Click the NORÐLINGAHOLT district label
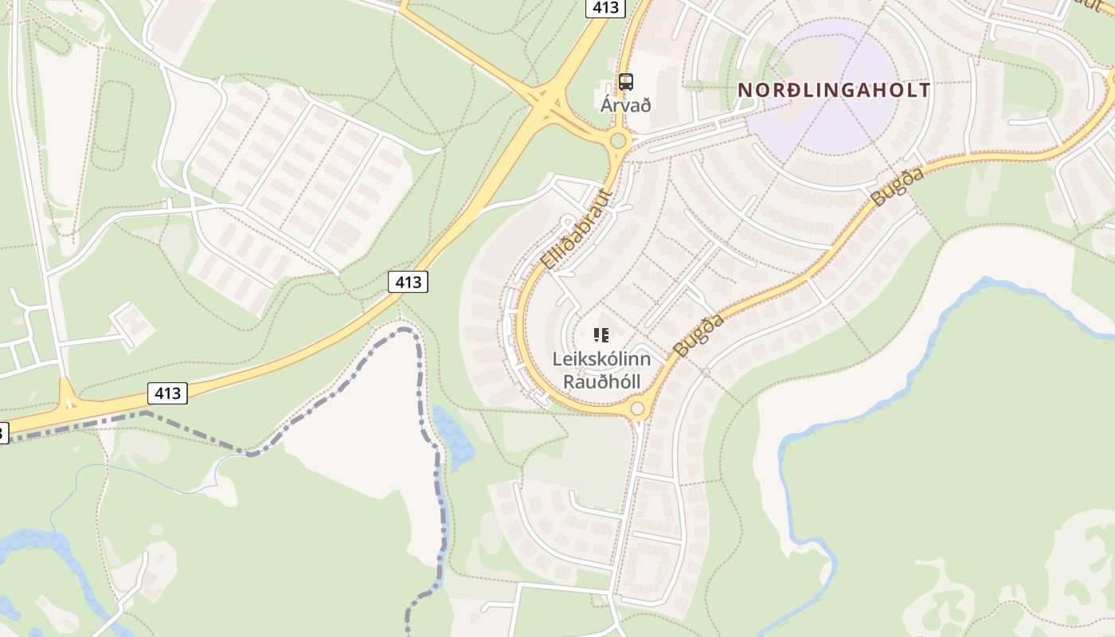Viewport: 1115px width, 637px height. point(834,90)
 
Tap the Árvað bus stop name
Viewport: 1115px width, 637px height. point(625,105)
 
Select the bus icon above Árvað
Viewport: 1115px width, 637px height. point(626,81)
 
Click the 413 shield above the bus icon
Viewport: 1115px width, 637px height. point(605,8)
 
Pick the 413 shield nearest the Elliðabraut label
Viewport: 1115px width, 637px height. point(408,282)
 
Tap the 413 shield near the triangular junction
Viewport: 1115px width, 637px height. point(166,393)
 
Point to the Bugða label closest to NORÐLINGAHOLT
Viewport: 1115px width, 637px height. point(898,187)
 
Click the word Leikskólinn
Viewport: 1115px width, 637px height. point(601,359)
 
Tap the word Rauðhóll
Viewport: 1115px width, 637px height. point(601,381)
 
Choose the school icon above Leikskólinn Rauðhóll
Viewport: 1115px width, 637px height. point(601,335)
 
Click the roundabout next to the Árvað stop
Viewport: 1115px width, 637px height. point(617,142)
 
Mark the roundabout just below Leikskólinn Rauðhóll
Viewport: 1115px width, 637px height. point(637,409)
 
